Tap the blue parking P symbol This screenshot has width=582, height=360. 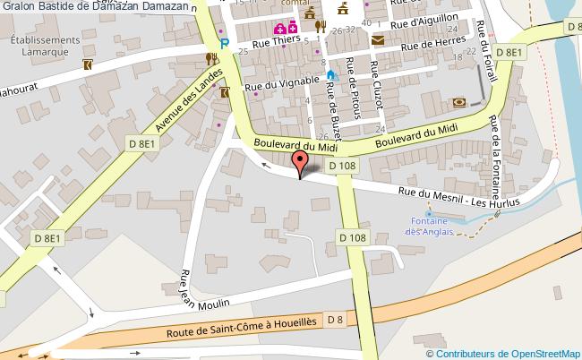(224, 42)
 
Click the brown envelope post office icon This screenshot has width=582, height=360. (377, 40)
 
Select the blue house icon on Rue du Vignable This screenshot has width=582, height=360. (330, 75)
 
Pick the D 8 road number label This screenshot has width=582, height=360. (337, 319)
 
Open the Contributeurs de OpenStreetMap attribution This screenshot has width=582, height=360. (504, 353)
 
